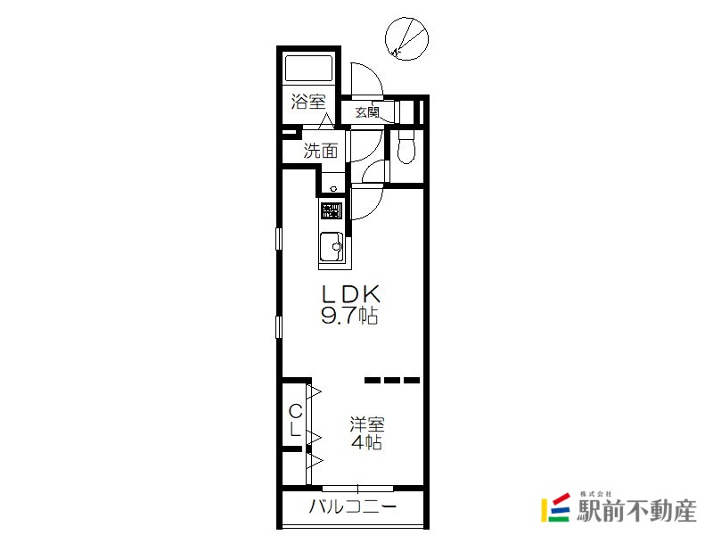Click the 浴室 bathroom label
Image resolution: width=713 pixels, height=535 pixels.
(308, 101)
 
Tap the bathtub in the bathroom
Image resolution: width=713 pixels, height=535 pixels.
(308, 69)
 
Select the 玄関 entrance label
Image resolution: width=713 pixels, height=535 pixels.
(367, 111)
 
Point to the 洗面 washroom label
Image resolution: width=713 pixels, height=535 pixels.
(321, 151)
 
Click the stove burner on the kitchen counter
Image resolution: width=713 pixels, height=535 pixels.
(331, 210)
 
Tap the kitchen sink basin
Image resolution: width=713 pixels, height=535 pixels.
(332, 247)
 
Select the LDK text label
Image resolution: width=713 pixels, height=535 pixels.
(350, 294)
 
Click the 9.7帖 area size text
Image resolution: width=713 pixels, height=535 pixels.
(349, 316)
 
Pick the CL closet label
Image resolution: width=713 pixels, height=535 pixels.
(295, 420)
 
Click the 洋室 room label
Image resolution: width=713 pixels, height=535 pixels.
(367, 424)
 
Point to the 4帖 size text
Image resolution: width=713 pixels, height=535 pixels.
(366, 442)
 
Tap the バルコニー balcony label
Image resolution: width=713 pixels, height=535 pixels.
(353, 506)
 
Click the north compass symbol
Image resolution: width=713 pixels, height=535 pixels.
(406, 38)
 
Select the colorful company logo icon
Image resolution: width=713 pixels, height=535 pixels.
(555, 506)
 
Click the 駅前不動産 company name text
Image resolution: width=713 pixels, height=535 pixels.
(637, 510)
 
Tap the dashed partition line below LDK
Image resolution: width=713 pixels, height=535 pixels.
(392, 381)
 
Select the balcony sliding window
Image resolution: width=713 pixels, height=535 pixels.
(357, 489)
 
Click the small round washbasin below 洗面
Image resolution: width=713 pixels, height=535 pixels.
(333, 189)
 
